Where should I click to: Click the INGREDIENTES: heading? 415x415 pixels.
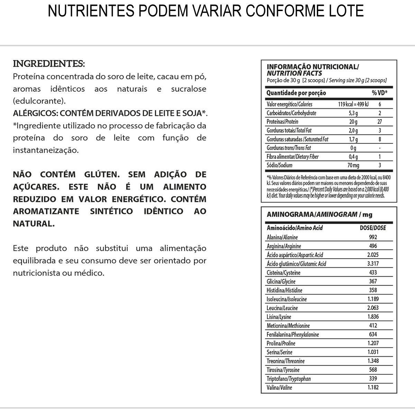pos(49,64)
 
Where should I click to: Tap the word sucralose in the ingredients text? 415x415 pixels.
pos(188,89)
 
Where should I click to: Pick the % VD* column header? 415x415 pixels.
pos(379,93)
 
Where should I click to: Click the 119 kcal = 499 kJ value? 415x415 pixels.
pos(353,104)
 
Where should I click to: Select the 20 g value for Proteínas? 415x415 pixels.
pos(353,122)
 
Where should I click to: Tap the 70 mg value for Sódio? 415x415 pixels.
pos(353,165)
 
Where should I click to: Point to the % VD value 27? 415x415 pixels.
pos(379,122)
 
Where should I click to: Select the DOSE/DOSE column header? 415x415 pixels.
pos(373,228)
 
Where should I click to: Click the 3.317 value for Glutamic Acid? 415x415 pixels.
pos(373,264)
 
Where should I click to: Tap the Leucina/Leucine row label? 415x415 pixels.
pos(282,308)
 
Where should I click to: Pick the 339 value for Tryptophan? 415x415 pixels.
pos(373,378)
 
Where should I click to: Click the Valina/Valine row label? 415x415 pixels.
pos(279,388)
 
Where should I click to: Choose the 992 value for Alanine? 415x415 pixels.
pos(373,237)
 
